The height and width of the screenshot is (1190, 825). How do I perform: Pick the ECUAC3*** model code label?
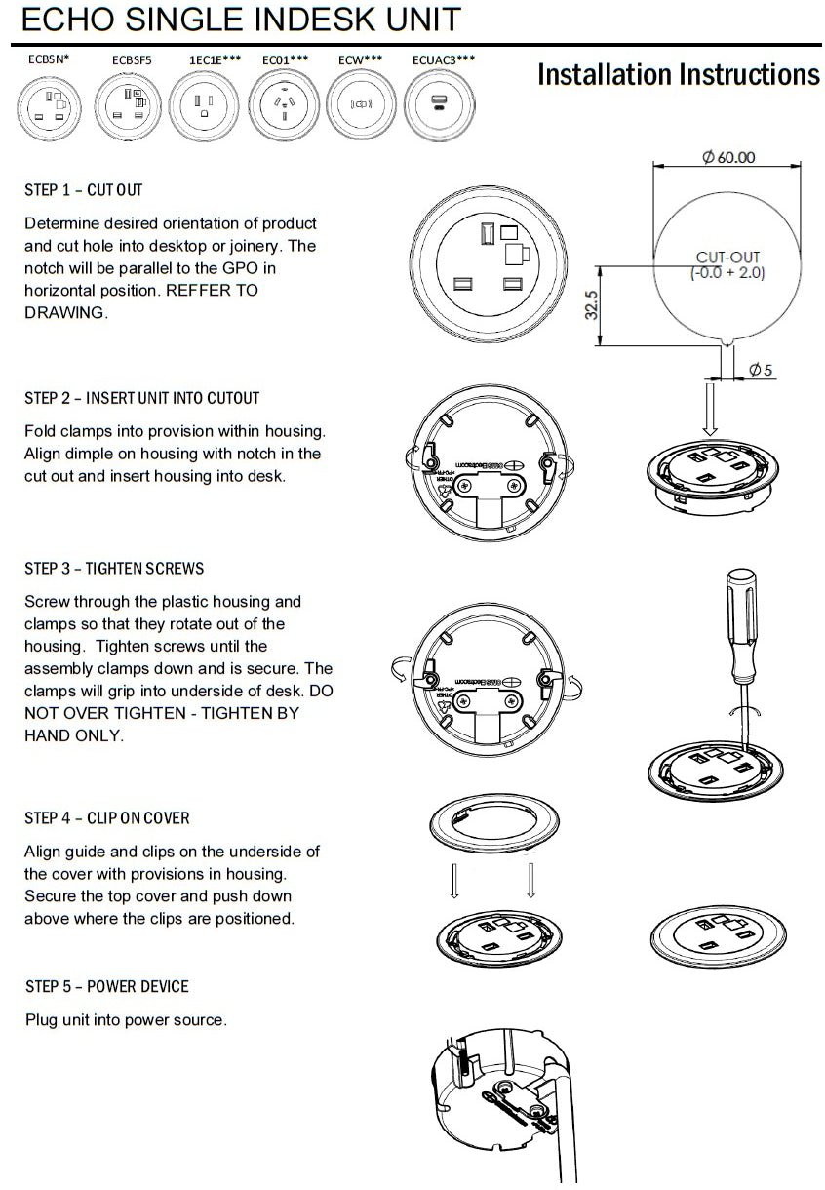[x=444, y=59]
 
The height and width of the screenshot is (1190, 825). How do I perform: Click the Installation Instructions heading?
[x=678, y=75]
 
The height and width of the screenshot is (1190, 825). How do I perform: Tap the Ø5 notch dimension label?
[x=762, y=370]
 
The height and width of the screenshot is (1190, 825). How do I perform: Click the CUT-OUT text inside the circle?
[x=727, y=258]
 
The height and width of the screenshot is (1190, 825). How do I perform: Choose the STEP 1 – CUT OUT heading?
[x=83, y=189]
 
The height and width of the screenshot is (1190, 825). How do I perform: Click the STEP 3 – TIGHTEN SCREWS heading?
[x=114, y=568]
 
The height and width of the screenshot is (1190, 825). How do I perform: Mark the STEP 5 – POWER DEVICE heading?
[x=107, y=986]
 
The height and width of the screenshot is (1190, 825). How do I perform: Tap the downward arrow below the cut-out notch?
[x=710, y=410]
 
